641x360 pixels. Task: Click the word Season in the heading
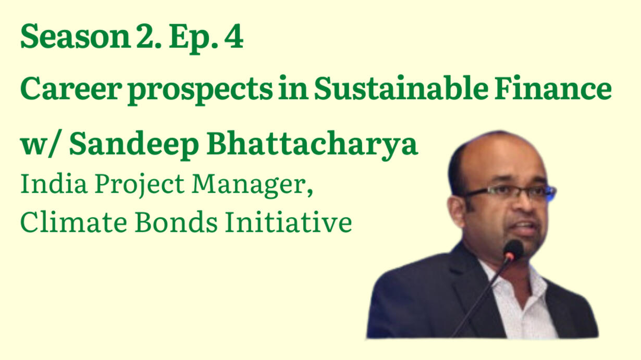[75, 36]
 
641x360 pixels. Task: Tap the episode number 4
[234, 36]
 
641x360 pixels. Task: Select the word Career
[71, 89]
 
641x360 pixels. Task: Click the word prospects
[200, 91]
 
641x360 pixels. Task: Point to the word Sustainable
[401, 88]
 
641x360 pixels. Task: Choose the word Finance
[553, 88]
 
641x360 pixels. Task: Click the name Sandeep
[134, 144]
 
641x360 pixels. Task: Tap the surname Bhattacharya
[312, 144]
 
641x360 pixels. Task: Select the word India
[54, 183]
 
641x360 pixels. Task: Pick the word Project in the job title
[139, 184]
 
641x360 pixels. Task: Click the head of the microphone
[514, 250]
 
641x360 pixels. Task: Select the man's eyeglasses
[509, 192]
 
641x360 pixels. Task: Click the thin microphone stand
[482, 297]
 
